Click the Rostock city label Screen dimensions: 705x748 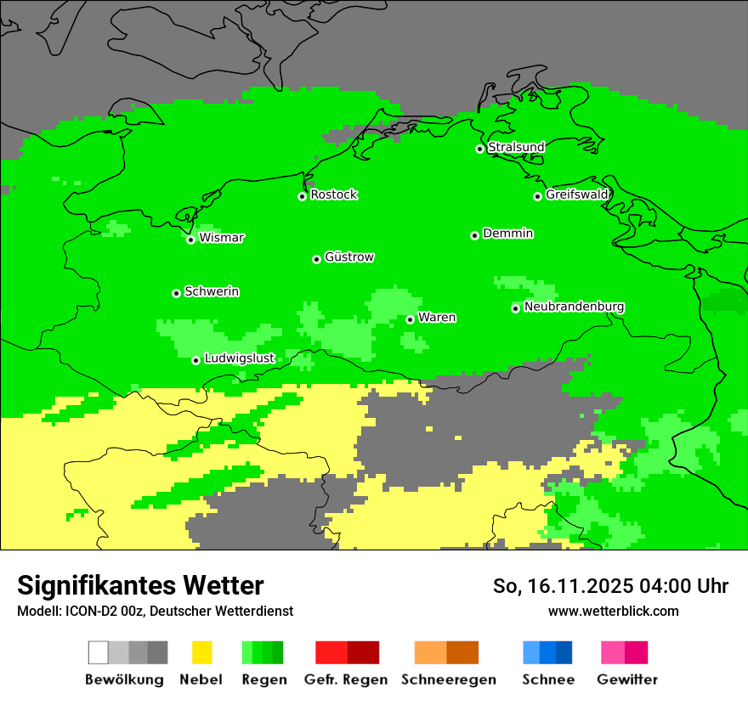tap(333, 195)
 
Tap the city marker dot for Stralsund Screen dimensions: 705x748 tap(479, 149)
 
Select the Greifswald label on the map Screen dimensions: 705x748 tap(576, 195)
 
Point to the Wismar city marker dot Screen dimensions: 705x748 tap(190, 240)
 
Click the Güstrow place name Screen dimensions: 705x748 tap(348, 257)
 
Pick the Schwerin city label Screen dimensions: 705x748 tap(211, 291)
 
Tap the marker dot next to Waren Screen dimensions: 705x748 tap(410, 319)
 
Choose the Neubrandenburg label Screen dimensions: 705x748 tap(574, 307)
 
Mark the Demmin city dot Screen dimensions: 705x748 tap(474, 235)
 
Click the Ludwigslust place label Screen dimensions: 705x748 tap(239, 358)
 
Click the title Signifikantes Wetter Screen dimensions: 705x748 tap(140, 585)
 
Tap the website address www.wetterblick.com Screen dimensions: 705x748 tap(613, 611)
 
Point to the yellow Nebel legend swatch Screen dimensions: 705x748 tap(201, 652)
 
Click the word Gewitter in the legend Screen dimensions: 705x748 tap(626, 680)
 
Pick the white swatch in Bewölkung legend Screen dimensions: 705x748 tap(99, 652)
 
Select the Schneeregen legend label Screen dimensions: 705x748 tap(448, 680)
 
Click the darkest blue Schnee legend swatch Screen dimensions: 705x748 tap(564, 652)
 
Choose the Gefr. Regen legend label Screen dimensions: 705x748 tap(345, 680)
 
